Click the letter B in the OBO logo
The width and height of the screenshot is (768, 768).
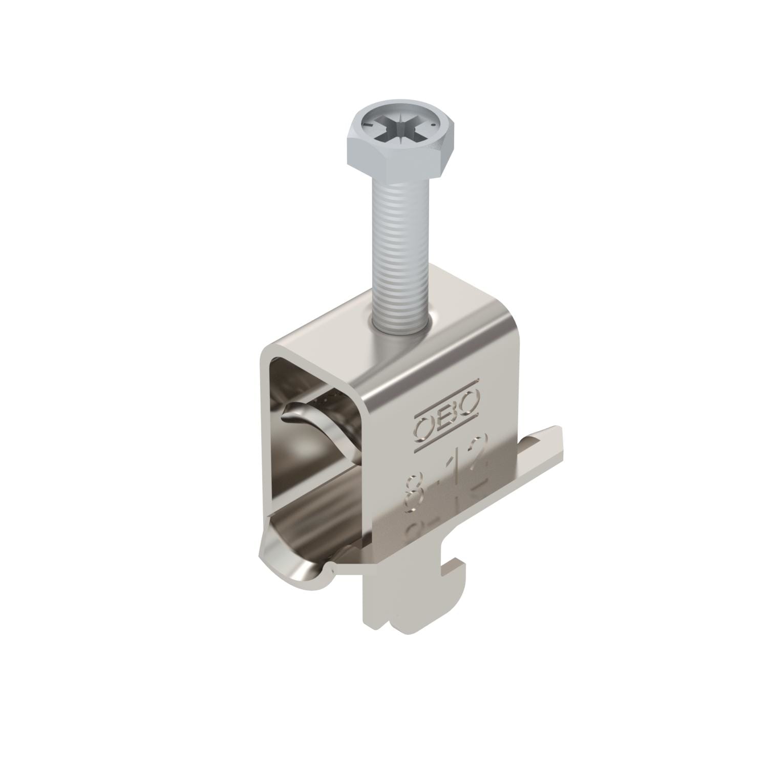(447, 413)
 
